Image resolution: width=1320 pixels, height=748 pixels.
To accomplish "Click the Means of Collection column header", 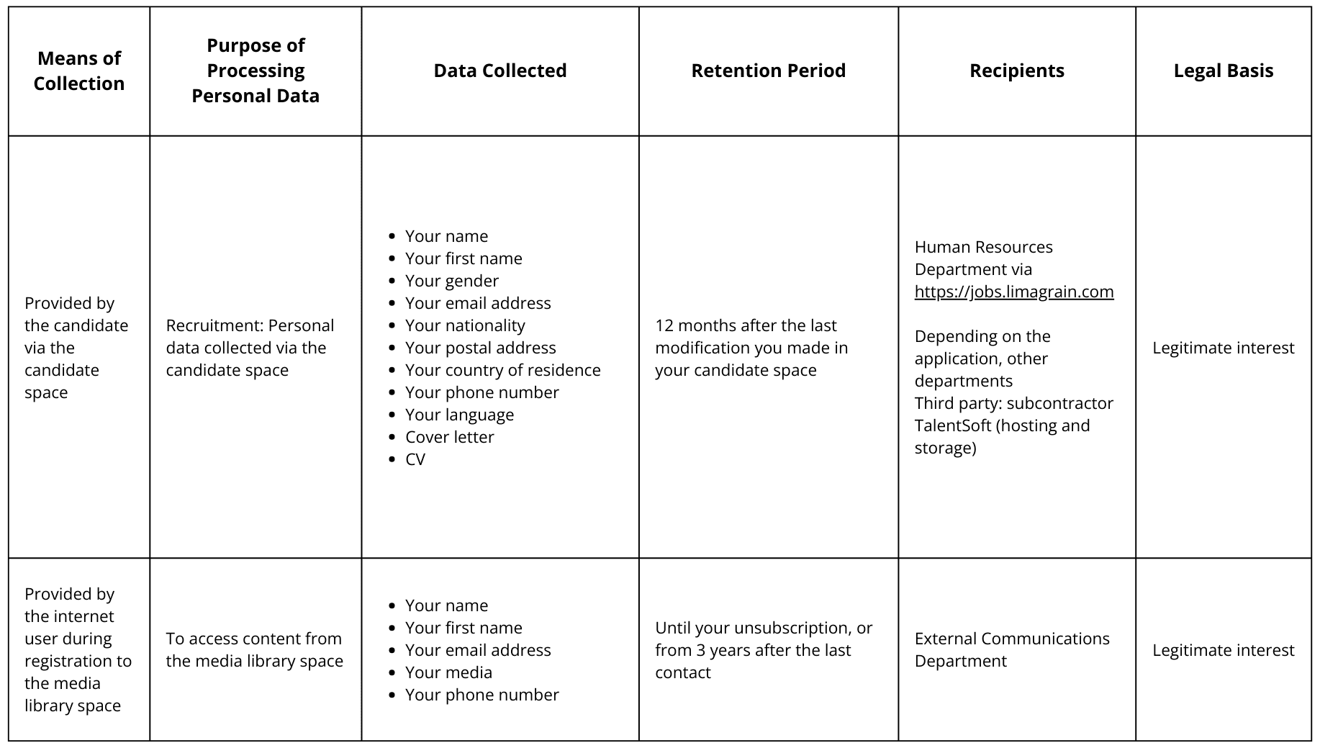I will [x=79, y=71].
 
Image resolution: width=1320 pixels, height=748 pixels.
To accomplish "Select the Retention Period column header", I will [x=768, y=71].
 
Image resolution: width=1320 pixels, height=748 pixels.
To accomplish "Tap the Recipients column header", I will [x=1016, y=71].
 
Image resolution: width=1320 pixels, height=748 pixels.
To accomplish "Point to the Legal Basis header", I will [x=1223, y=71].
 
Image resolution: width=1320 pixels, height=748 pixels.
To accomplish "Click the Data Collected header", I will [x=499, y=71].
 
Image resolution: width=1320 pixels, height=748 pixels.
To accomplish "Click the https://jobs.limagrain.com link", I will [x=1013, y=292].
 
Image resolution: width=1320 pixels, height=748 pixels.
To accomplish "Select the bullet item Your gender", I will [x=451, y=281].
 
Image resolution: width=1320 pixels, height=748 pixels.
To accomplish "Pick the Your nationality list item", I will [x=465, y=325].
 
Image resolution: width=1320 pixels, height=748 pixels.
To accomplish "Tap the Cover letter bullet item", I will [x=449, y=437].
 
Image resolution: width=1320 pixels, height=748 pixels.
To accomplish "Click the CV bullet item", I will [x=415, y=459].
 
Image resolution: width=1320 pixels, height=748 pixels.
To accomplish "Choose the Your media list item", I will [x=448, y=672].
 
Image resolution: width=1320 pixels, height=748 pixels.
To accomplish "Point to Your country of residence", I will [x=502, y=370].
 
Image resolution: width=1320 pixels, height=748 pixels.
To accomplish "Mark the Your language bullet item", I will [x=459, y=415].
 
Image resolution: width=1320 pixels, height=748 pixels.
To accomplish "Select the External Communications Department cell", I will [x=1011, y=649].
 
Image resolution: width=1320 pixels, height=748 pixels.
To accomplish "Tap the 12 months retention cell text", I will [x=751, y=348].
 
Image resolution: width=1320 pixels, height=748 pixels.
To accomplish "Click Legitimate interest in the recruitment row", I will [x=1223, y=348].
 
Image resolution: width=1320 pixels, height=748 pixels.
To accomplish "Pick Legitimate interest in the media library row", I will [x=1223, y=650].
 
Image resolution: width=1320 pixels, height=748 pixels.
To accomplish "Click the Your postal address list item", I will [x=480, y=348].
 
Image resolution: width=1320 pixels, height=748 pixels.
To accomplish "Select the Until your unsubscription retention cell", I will [x=763, y=650].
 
